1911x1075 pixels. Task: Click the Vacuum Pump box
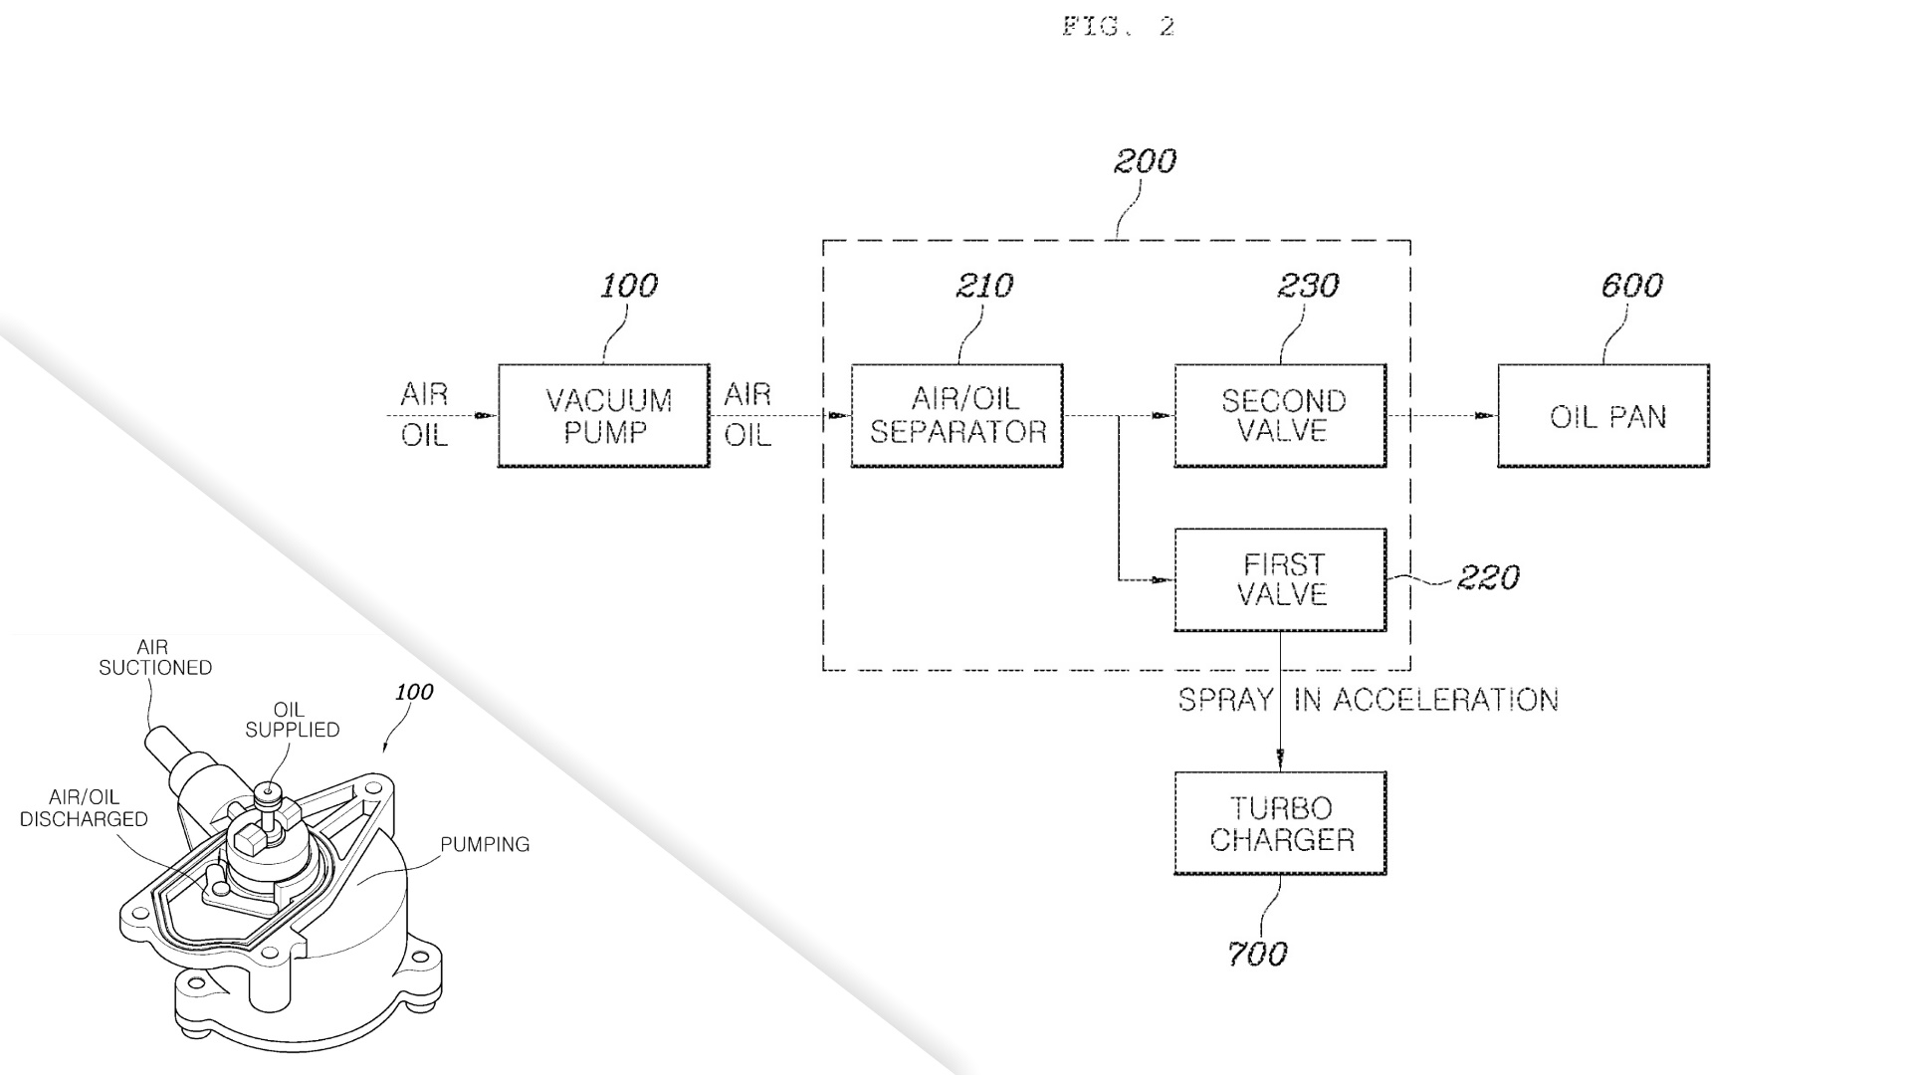tap(603, 416)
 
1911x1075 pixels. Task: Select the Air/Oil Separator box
tap(957, 416)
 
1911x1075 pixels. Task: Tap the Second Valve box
tap(1280, 416)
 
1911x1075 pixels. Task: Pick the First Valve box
tap(1280, 580)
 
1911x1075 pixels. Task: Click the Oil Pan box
tap(1603, 416)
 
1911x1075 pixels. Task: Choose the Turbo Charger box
tap(1280, 823)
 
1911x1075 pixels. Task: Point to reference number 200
tap(1145, 161)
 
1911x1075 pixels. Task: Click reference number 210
tap(984, 287)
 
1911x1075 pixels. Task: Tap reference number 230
tap(1308, 287)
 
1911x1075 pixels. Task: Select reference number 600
tap(1631, 287)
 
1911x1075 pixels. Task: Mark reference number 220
tap(1488, 578)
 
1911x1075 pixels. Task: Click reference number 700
tap(1257, 955)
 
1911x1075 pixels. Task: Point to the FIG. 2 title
tap(1119, 27)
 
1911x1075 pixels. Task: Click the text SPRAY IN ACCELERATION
tap(1369, 701)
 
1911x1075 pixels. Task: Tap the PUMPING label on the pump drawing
tap(485, 845)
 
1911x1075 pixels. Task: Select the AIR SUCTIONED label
tap(154, 658)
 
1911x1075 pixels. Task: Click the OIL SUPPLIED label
tap(292, 720)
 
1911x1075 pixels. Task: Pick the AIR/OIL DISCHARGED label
tap(84, 808)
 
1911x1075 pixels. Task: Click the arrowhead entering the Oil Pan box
tap(1487, 416)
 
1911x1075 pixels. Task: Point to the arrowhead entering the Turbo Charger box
tap(1280, 761)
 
